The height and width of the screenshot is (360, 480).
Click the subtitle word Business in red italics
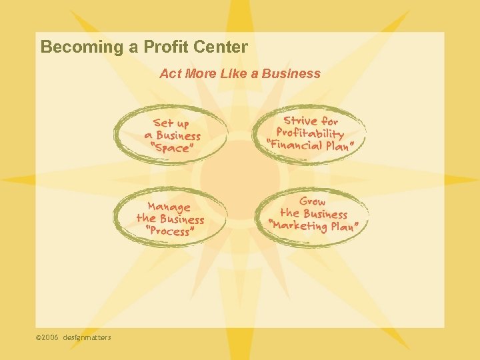click(x=292, y=73)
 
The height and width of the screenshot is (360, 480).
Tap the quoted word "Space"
click(x=171, y=148)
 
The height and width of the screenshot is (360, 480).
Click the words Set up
click(x=171, y=123)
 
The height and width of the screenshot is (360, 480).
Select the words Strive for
click(x=311, y=121)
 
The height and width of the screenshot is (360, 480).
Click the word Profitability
click(x=311, y=133)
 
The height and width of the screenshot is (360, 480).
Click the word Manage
click(x=169, y=207)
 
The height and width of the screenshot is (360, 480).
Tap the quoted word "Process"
click(x=170, y=231)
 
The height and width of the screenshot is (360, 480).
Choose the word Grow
click(x=313, y=201)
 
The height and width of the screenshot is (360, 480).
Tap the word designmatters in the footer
click(x=87, y=337)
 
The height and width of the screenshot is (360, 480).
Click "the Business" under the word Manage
click(x=170, y=219)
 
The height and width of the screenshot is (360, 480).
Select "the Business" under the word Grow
click(x=313, y=213)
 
